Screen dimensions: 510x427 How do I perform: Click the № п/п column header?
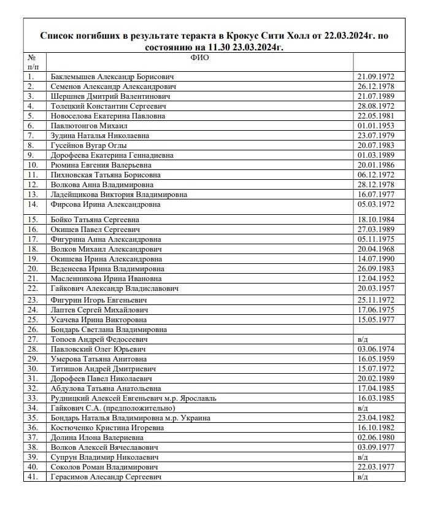33,61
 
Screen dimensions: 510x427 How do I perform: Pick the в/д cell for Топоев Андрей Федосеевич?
362,339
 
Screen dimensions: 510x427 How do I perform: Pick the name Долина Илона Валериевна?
97,438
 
